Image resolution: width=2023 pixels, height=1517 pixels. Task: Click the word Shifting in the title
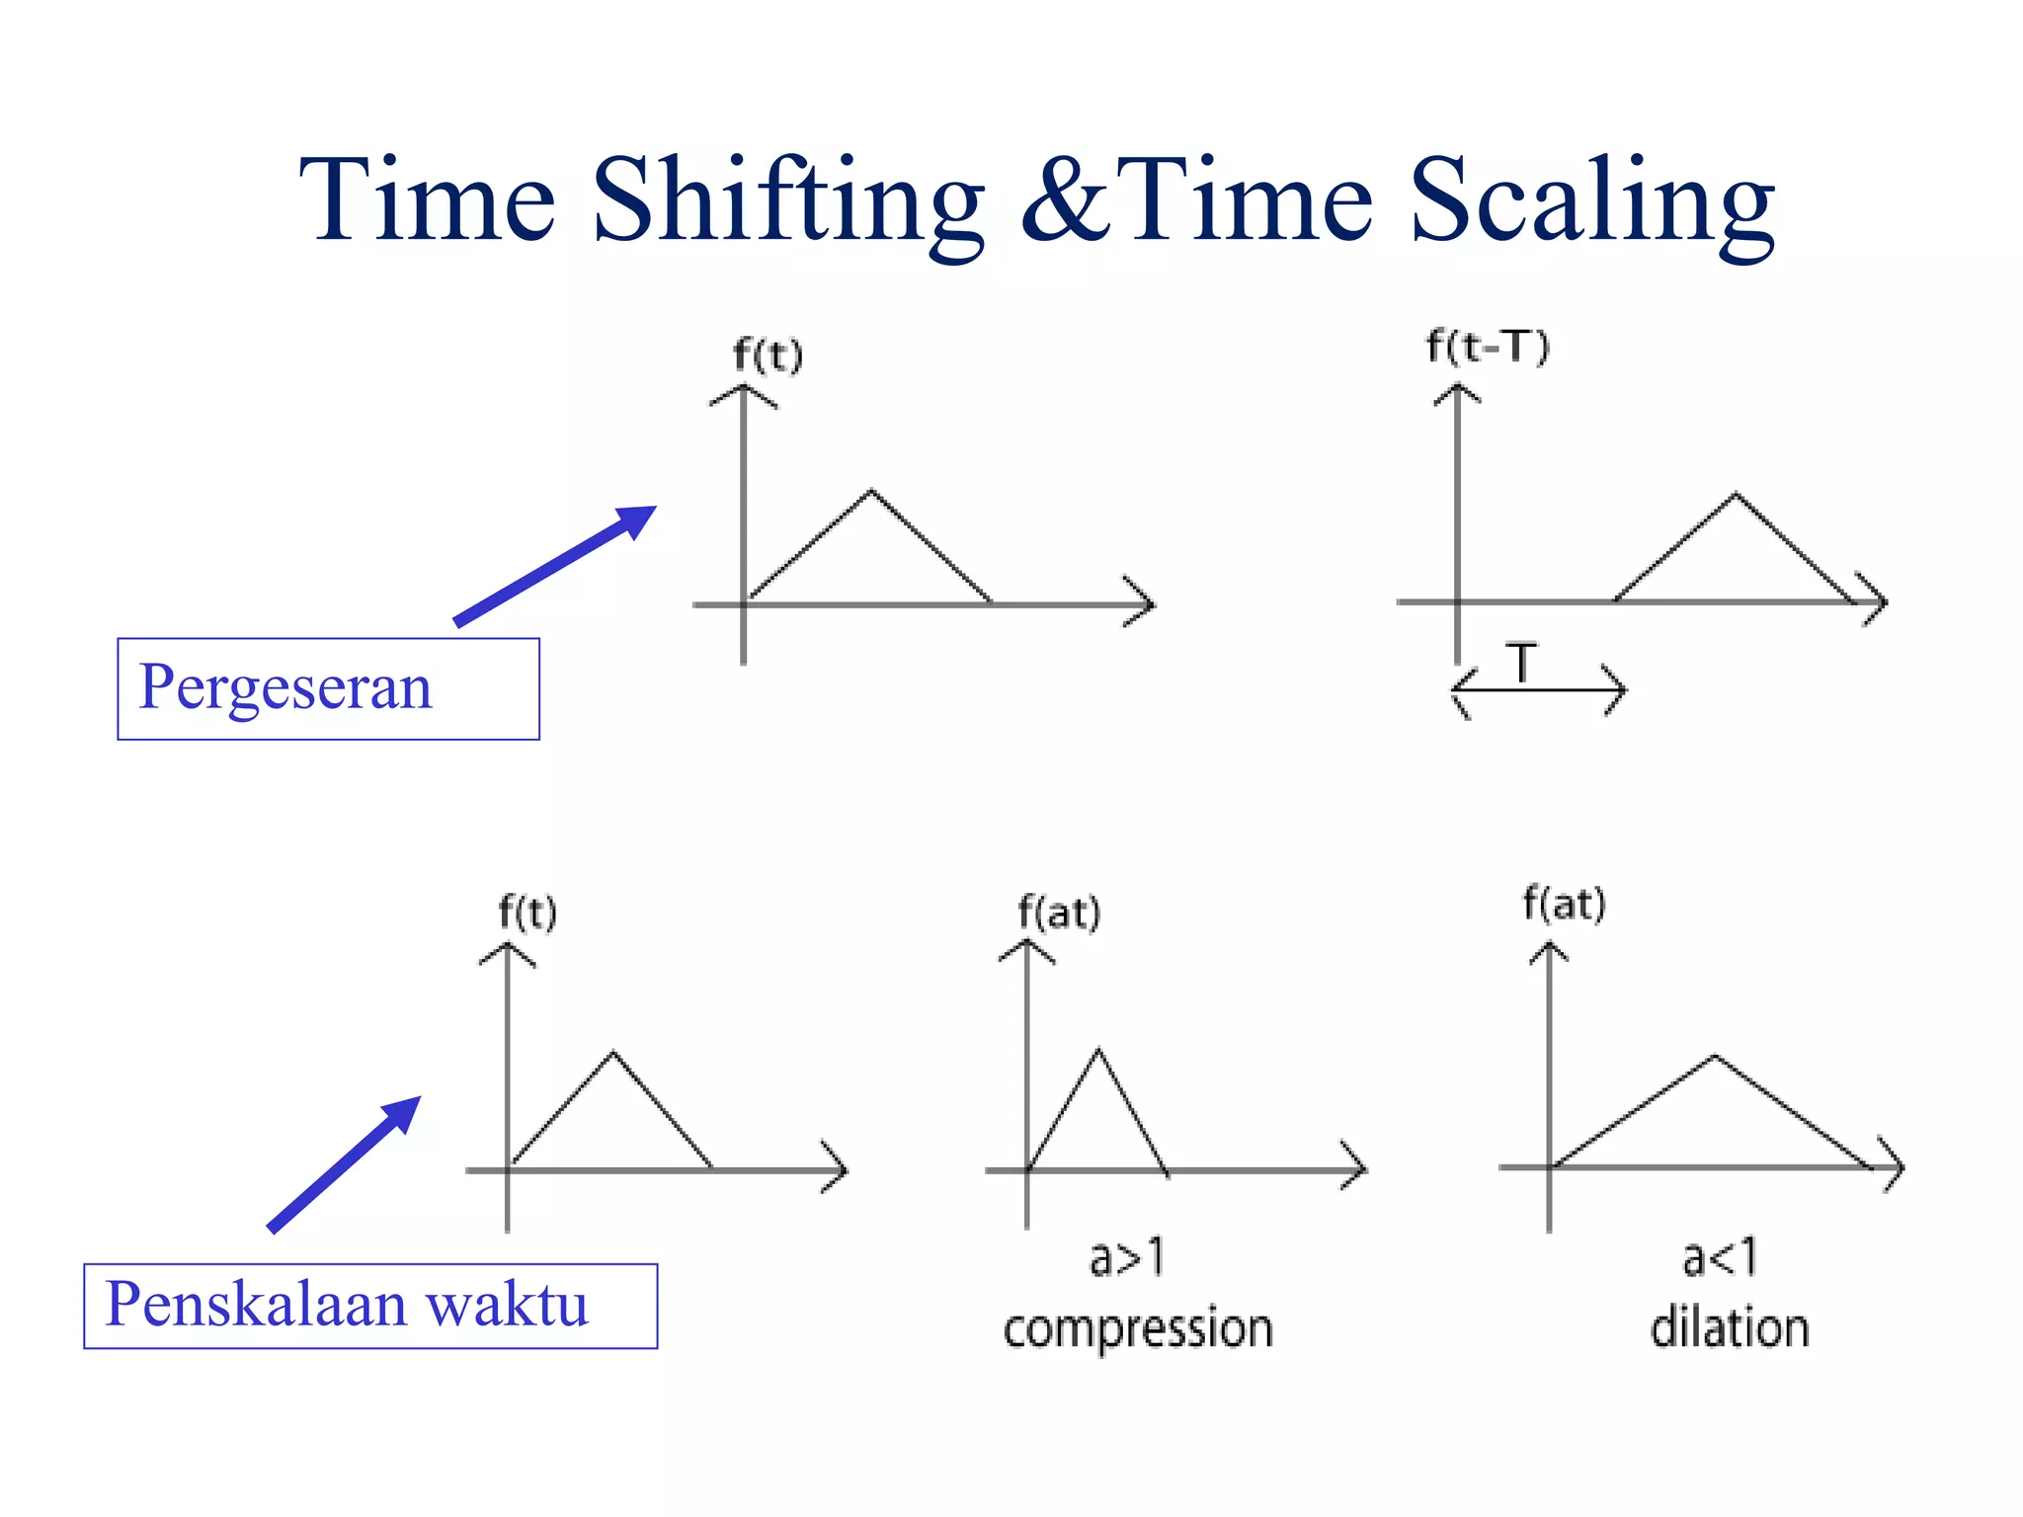787,202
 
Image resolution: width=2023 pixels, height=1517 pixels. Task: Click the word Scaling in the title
1592,202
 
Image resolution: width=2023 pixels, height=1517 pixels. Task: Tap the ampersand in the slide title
1068,202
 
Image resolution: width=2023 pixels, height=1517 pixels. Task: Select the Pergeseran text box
328,688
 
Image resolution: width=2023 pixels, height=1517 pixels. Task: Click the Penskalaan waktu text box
370,1306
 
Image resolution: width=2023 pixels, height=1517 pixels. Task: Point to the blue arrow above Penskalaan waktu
345,1164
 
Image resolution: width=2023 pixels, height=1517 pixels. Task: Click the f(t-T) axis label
1488,348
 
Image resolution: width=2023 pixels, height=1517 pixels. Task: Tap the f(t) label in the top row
768,356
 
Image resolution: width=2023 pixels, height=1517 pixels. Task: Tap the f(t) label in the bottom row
527,913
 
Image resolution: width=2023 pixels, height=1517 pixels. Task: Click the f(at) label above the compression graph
1059,913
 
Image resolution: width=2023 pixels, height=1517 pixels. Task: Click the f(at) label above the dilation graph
1565,905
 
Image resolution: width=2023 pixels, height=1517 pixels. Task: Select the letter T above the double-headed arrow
1522,663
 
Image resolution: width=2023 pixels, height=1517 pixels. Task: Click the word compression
1138,1329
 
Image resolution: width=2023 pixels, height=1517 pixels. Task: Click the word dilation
1730,1328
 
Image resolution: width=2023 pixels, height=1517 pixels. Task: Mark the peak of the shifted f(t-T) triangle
1736,494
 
